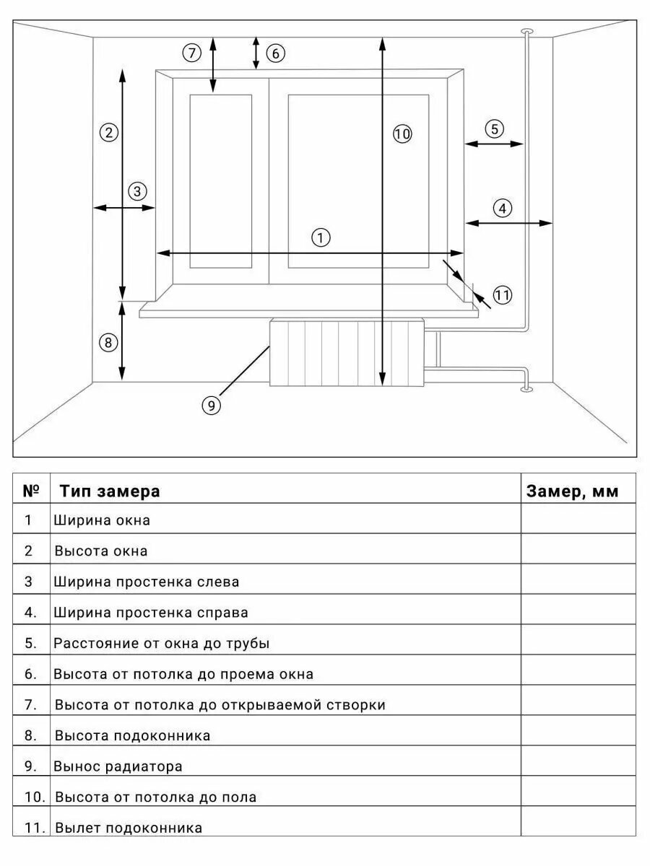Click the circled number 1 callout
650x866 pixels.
coord(321,237)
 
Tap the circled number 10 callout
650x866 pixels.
coord(402,134)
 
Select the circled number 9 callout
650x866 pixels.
coord(210,406)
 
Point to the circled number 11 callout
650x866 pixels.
coord(503,294)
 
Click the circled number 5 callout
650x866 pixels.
coord(494,129)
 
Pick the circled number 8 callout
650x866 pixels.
coord(108,343)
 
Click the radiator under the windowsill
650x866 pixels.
coord(346,353)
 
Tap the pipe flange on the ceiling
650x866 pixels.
coord(526,31)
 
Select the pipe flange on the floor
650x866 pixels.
coord(526,390)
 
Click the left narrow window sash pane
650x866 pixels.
coord(221,180)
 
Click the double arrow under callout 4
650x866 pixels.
coord(508,224)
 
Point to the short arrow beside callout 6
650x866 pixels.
coord(256,53)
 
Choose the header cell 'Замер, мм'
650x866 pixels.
coord(572,491)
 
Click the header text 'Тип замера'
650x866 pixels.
coord(110,491)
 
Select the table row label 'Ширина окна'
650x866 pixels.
coord(102,520)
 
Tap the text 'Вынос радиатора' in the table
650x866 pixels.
coord(118,766)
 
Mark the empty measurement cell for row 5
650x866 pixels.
coord(578,642)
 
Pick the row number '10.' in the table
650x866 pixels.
coord(35,797)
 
